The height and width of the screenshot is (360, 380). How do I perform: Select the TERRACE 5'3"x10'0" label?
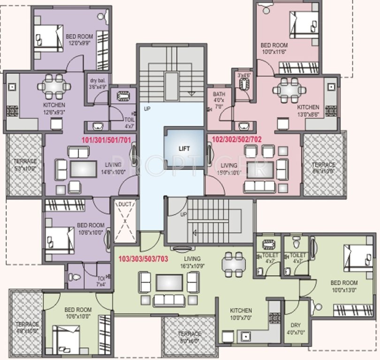coord(25,165)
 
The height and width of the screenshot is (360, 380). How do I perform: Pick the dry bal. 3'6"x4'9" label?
coord(98,83)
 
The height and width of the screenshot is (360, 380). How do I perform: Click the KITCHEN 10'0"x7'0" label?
coord(241,314)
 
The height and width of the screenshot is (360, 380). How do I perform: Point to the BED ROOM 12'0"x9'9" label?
coord(79,39)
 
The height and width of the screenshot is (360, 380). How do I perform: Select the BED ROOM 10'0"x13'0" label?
coord(344,286)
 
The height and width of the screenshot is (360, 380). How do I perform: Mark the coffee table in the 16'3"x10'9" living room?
coord(169,282)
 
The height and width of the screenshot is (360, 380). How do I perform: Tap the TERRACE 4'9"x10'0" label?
coord(26,328)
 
